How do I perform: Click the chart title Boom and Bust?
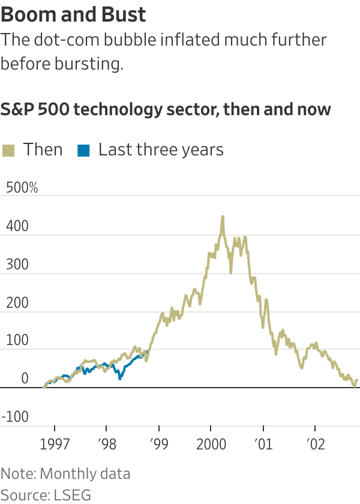click(x=73, y=14)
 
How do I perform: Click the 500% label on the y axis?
click(x=22, y=188)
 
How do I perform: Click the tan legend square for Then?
click(x=8, y=150)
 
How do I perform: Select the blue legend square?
click(x=83, y=150)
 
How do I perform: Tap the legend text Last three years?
click(x=161, y=149)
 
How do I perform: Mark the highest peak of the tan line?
click(x=223, y=217)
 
